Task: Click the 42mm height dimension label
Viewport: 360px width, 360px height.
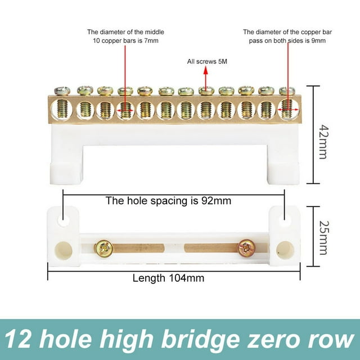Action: [322, 135]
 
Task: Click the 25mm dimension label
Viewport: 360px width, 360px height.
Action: [322, 236]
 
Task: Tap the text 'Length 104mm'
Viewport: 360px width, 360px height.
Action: [168, 277]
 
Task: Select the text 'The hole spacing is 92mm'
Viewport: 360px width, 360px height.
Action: [168, 200]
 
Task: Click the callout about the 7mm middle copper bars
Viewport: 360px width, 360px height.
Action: [125, 36]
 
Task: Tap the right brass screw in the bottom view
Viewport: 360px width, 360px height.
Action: [245, 247]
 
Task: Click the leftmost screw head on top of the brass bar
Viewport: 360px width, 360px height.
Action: [62, 91]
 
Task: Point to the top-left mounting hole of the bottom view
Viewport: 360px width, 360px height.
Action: [64, 220]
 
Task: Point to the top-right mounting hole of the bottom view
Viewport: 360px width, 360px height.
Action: [285, 220]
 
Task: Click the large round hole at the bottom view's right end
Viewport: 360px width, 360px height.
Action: [285, 250]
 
